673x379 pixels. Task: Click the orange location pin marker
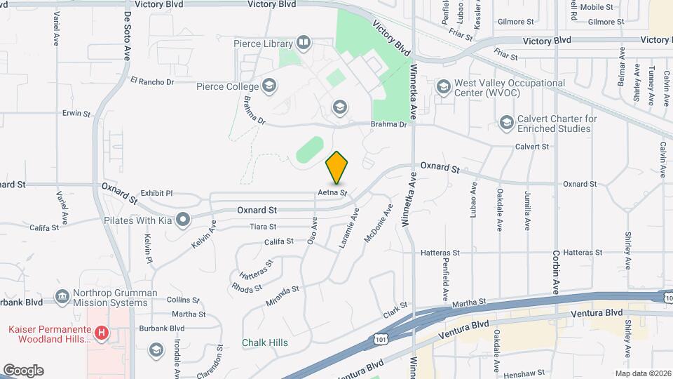pyautogui.click(x=337, y=167)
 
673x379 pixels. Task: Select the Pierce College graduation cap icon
pyautogui.click(x=269, y=87)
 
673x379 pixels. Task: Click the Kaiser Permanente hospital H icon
pyautogui.click(x=102, y=333)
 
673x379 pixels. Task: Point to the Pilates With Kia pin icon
pyautogui.click(x=183, y=220)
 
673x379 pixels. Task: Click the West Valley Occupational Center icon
pyautogui.click(x=442, y=87)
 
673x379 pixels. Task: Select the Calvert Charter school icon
pyautogui.click(x=506, y=124)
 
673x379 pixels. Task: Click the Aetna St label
pyautogui.click(x=332, y=192)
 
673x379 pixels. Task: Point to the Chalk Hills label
pyautogui.click(x=264, y=343)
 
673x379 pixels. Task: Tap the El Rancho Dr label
pyautogui.click(x=152, y=81)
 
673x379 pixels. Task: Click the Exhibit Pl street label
pyautogui.click(x=156, y=193)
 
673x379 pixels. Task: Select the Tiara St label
pyautogui.click(x=263, y=227)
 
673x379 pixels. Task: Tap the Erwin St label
pyautogui.click(x=76, y=112)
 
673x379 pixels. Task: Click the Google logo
pyautogui.click(x=23, y=371)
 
